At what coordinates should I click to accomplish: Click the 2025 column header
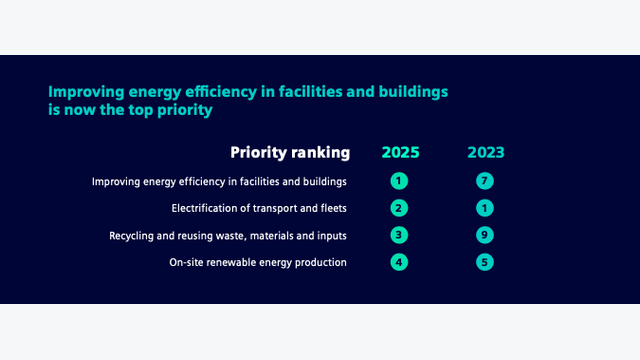[x=400, y=152]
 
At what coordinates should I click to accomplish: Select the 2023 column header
[x=486, y=152]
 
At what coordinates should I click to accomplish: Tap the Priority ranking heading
[x=290, y=152]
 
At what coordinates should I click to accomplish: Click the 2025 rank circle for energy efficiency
[x=399, y=181]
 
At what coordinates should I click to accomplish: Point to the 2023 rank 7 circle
[x=485, y=181]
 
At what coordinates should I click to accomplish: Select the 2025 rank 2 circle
[x=399, y=208]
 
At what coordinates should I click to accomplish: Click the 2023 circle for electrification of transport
[x=485, y=208]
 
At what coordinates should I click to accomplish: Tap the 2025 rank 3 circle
[x=399, y=235]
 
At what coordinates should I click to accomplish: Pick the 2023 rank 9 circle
[x=485, y=235]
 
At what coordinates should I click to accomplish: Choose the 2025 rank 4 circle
[x=399, y=262]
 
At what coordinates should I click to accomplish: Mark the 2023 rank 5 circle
[x=485, y=262]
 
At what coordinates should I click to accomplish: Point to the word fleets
[x=334, y=208]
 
